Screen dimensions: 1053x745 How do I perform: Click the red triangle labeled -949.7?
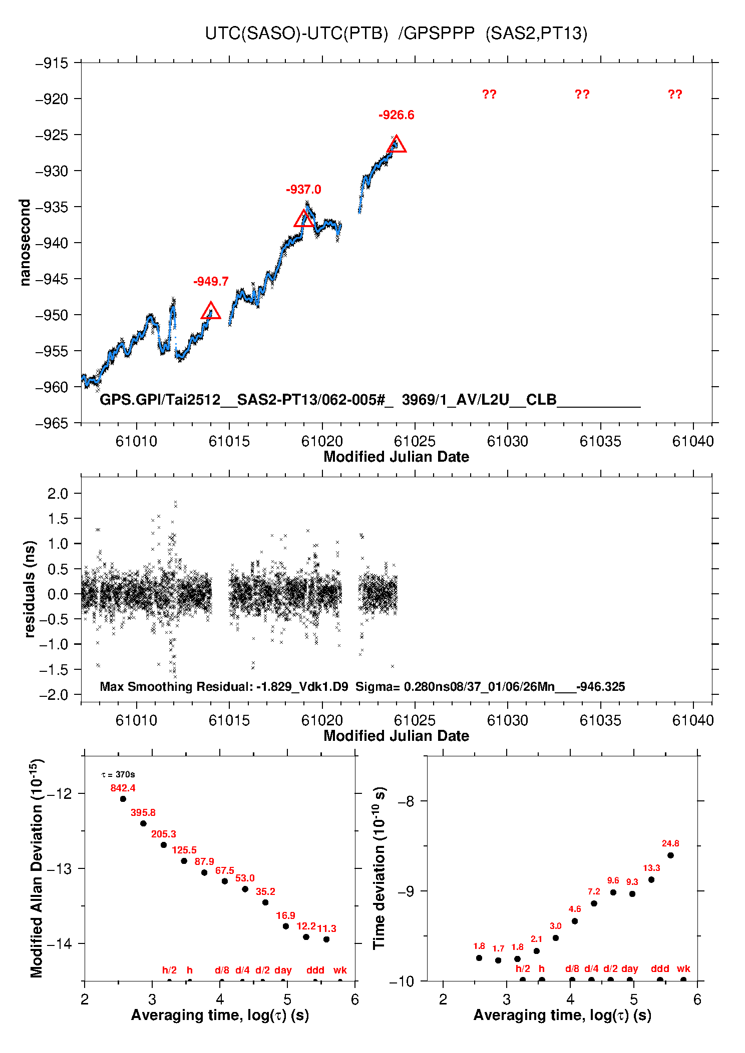(x=211, y=311)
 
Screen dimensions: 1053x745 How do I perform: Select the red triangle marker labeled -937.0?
(x=303, y=219)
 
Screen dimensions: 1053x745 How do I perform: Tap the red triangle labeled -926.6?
(x=396, y=145)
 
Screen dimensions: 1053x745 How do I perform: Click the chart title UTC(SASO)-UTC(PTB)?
(x=296, y=34)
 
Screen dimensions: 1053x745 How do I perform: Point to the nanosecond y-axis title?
(x=25, y=243)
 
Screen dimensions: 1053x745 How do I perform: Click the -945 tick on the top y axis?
(x=51, y=279)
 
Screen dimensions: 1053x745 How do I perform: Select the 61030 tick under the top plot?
(x=507, y=441)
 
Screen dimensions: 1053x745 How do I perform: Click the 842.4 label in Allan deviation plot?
(x=123, y=788)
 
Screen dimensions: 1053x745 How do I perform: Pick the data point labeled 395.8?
(x=143, y=823)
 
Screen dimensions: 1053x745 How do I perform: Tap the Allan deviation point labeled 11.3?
(x=326, y=939)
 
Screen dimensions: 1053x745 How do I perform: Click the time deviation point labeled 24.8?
(x=670, y=855)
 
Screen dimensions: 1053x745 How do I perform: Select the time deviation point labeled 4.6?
(x=575, y=921)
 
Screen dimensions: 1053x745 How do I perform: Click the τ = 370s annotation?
(x=118, y=775)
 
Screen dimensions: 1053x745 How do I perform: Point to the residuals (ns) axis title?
(x=30, y=589)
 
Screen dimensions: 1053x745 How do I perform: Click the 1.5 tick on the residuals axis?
(x=58, y=519)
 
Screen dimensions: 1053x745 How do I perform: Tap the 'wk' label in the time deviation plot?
(x=683, y=968)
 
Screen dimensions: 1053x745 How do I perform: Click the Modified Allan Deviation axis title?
(x=36, y=868)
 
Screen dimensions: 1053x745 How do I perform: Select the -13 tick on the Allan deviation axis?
(x=59, y=869)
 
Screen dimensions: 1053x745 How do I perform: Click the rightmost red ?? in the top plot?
(x=674, y=95)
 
